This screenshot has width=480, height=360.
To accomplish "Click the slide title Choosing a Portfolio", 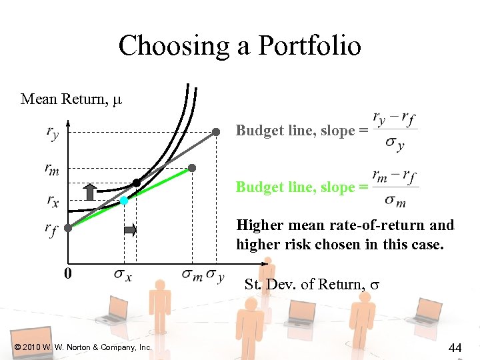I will tap(240, 45).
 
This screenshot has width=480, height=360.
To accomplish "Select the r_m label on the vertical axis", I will tap(52, 171).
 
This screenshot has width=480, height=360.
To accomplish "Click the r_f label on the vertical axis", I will tap(52, 230).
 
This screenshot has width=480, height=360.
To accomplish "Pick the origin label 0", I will tap(68, 273).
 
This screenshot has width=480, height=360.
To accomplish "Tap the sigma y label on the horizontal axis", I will tap(215, 274).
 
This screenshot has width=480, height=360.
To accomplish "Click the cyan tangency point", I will tap(124, 200).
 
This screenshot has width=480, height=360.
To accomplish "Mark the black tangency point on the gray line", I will tap(137, 182).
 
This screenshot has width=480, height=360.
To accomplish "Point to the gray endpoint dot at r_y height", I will tap(216, 132).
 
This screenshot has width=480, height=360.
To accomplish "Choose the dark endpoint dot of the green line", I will tap(192, 168).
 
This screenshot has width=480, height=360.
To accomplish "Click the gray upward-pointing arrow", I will tap(89, 191).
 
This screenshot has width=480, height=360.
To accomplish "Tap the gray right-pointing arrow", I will tap(130, 231).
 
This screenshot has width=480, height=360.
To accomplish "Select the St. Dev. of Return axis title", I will tap(312, 284).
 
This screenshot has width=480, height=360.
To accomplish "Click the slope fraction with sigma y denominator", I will tap(396, 131).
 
